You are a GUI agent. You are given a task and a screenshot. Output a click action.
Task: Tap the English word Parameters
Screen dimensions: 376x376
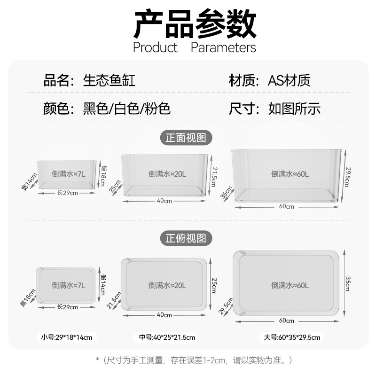223,47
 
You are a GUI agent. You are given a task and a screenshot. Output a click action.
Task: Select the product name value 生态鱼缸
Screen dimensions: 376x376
109,80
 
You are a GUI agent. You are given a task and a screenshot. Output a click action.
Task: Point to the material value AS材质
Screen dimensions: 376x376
289,80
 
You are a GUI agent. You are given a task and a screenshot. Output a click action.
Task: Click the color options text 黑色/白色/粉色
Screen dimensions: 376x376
126,109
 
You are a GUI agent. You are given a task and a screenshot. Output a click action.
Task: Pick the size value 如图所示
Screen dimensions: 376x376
295,109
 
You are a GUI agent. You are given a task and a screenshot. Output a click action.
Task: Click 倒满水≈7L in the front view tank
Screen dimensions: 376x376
69,174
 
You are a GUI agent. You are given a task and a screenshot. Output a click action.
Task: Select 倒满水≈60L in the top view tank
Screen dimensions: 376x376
290,285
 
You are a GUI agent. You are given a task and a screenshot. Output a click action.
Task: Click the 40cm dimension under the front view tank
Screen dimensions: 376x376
164,201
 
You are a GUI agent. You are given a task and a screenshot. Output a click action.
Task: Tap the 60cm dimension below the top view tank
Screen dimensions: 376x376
286,321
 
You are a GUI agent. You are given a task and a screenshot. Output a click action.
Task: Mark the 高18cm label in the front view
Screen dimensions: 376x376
103,175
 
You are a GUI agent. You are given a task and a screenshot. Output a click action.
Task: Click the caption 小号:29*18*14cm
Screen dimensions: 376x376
67,337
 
